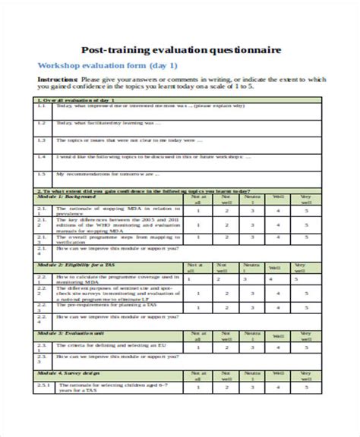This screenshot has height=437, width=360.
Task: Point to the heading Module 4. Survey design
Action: [73, 375]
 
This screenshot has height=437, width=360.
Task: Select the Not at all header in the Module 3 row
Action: [199, 336]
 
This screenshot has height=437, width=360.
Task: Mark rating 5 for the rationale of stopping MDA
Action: [306, 212]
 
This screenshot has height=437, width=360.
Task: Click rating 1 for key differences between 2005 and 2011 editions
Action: [199, 225]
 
